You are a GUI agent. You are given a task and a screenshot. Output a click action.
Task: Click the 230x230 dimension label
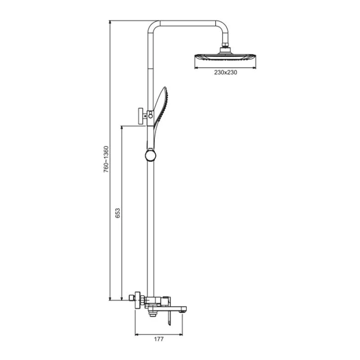(x=225, y=72)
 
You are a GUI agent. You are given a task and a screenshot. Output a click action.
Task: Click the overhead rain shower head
(x=225, y=57)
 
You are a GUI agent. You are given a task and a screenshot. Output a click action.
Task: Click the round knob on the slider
(x=150, y=156)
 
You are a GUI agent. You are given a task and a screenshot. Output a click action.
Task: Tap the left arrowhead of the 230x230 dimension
(x=196, y=67)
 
